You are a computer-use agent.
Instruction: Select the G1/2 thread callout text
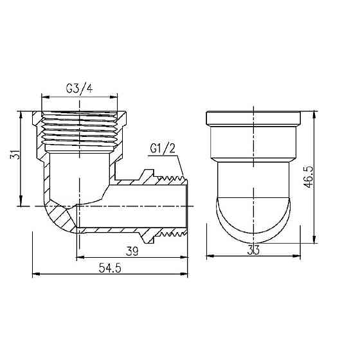click(162, 148)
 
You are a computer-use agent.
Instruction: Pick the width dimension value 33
click(255, 250)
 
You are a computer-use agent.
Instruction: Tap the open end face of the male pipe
click(186, 206)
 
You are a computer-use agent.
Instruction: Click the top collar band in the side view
click(255, 119)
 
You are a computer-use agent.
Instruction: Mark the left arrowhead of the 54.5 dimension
click(35, 275)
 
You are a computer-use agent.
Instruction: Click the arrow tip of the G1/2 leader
click(183, 177)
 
